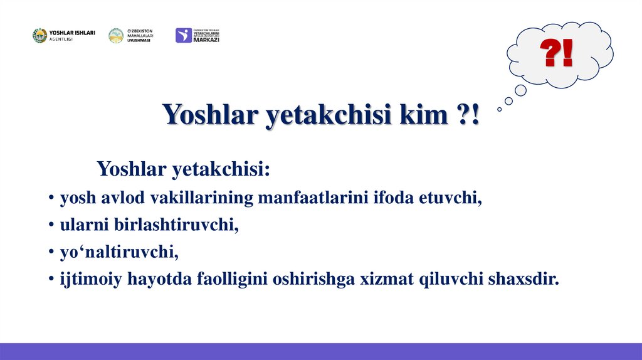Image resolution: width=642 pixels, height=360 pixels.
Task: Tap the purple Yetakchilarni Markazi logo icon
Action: point(184,36)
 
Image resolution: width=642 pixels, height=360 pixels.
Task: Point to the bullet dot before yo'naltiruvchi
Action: point(50,253)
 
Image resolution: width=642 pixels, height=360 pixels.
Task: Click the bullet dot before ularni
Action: point(50,226)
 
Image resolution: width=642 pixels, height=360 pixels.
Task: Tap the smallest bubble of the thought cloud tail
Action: point(499,109)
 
